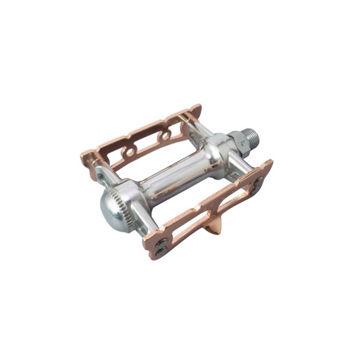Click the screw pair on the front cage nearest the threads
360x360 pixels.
[260, 182]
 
